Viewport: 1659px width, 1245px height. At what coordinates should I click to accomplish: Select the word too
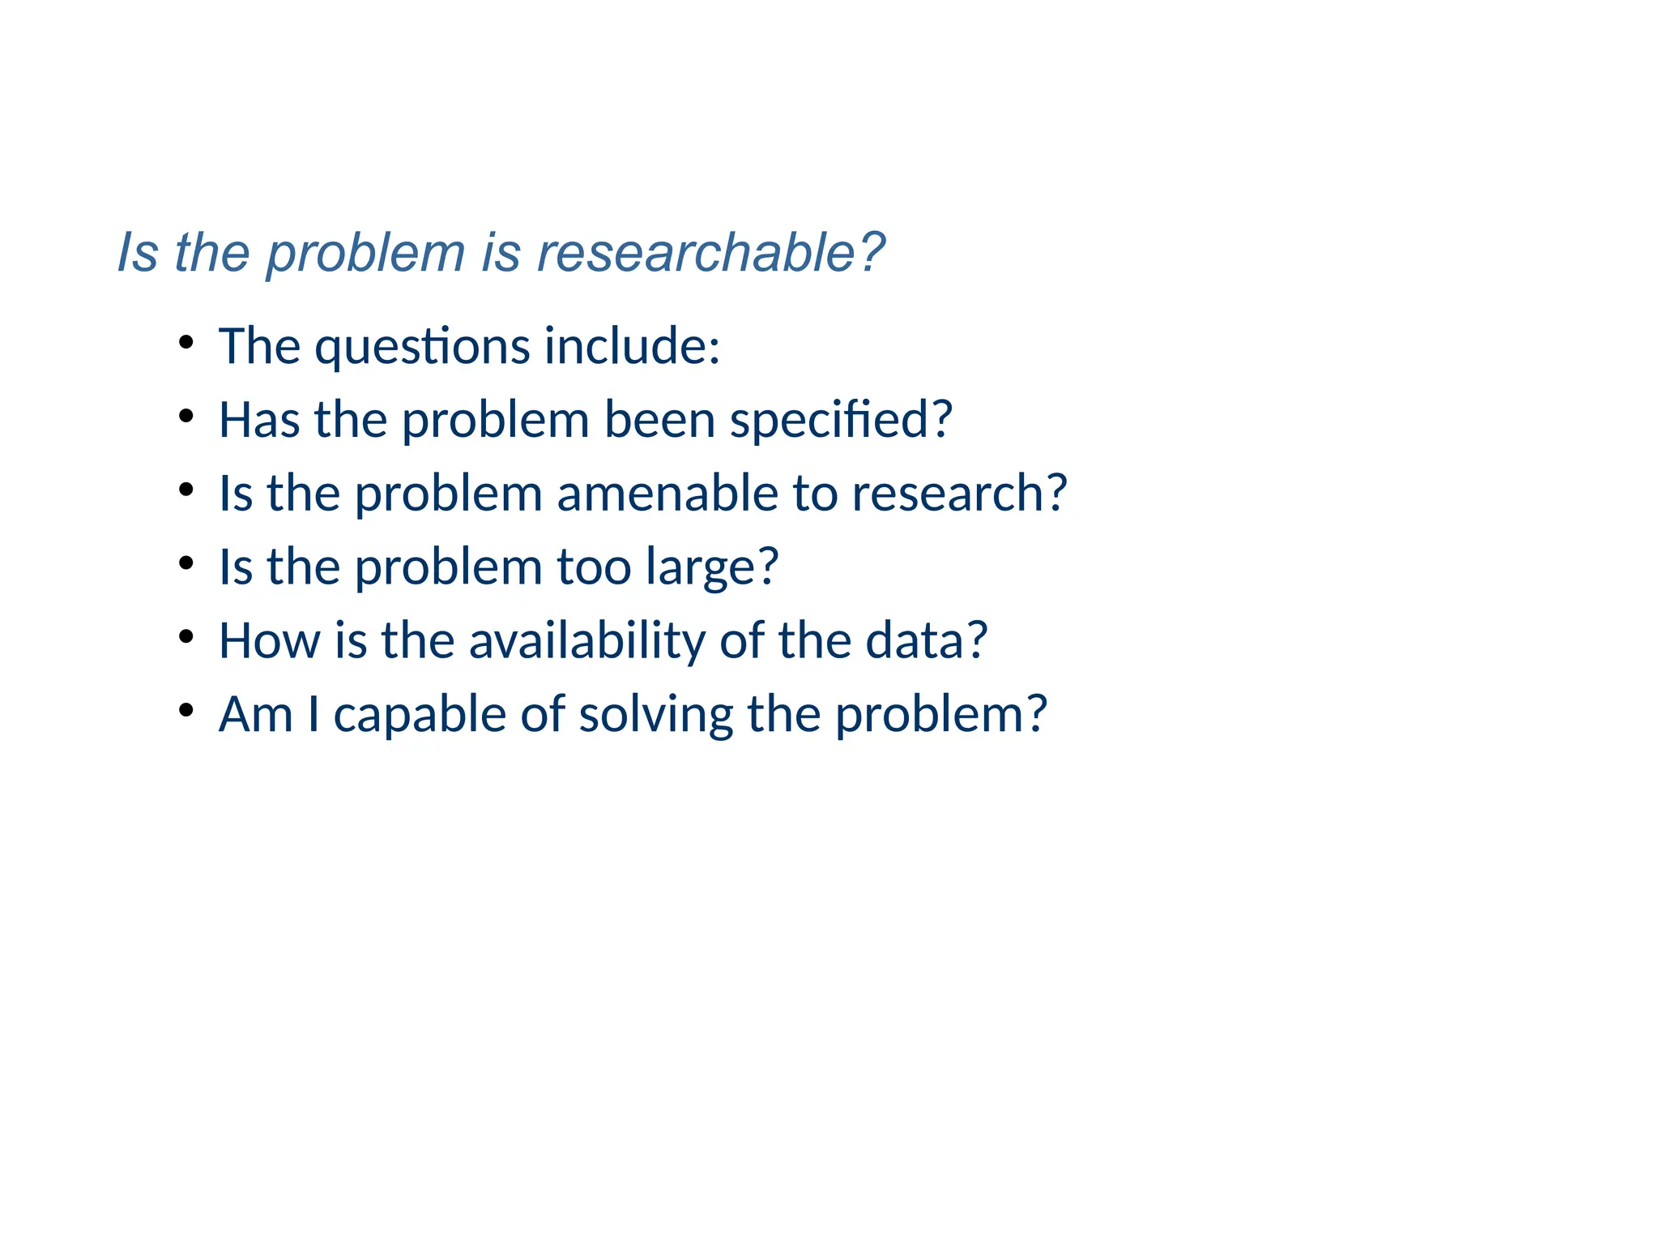tap(594, 567)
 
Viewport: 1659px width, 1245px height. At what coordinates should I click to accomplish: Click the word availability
tap(587, 641)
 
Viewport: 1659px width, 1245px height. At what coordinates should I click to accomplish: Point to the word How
tap(269, 640)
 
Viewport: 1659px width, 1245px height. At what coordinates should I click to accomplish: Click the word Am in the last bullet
tap(255, 715)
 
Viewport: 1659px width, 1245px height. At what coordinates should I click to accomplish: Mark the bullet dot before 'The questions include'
tap(186, 342)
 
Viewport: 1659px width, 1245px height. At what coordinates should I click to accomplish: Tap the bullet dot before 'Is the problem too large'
tap(186, 563)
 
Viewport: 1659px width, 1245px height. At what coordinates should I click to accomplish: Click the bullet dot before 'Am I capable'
tap(186, 710)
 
